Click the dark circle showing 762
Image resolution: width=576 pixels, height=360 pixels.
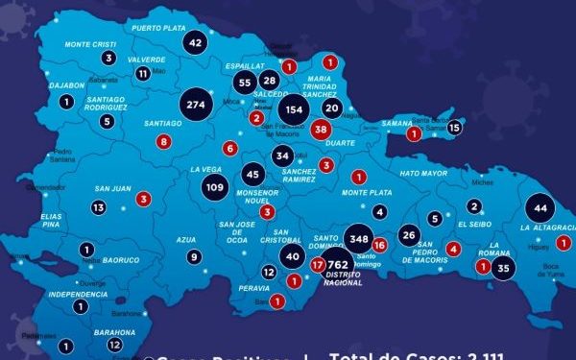(x=337, y=264)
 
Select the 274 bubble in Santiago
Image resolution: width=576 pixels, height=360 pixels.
(x=197, y=105)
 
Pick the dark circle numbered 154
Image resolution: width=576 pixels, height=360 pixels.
(x=295, y=109)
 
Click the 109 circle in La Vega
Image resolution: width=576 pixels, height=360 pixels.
(x=215, y=187)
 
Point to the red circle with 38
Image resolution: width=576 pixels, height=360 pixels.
(x=321, y=129)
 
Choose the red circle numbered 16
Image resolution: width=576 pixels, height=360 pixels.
(x=379, y=245)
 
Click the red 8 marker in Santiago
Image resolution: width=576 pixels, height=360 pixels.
(x=164, y=142)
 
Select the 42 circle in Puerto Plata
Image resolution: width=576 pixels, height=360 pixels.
(x=196, y=42)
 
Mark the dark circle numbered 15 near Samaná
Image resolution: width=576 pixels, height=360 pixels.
(x=455, y=127)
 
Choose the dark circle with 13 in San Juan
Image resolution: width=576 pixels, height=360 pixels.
(x=99, y=207)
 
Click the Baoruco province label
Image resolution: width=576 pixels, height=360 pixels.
(x=121, y=259)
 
